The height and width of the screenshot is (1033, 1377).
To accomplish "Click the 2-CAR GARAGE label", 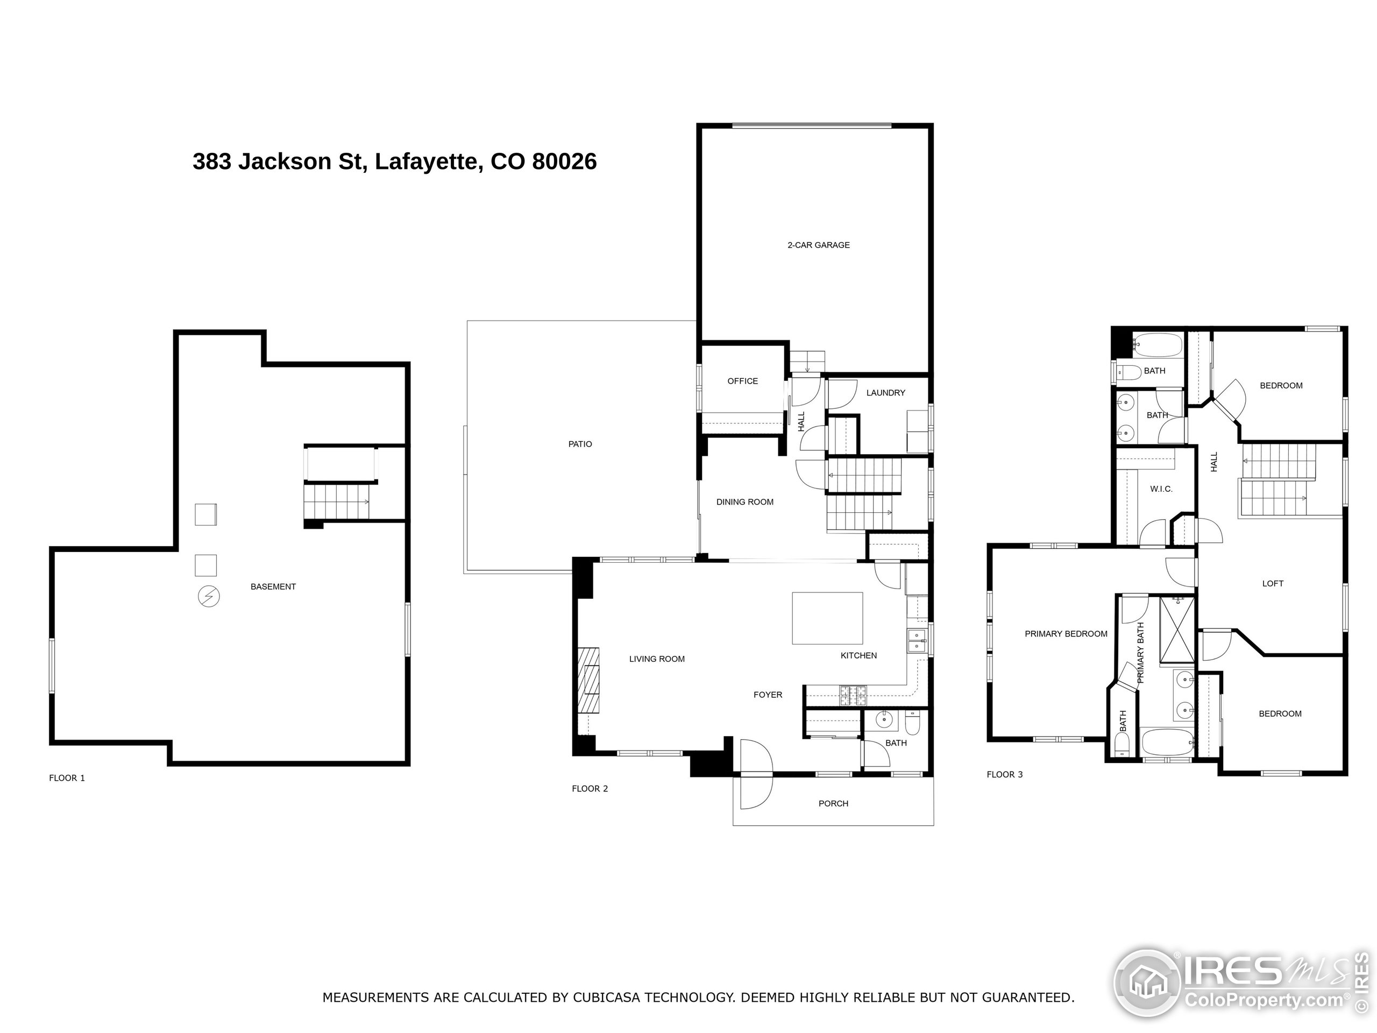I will click(x=818, y=245).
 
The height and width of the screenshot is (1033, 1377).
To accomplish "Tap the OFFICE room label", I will click(x=742, y=381).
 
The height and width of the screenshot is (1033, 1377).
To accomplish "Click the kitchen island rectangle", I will click(x=827, y=618).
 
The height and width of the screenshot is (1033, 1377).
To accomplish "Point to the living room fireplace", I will click(x=588, y=680).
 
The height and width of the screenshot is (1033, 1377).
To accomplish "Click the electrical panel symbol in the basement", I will click(x=209, y=597).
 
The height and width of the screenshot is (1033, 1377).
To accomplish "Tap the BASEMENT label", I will click(x=273, y=586).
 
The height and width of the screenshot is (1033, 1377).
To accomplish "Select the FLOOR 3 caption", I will click(x=1004, y=775).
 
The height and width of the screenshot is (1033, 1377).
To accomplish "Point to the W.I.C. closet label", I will click(x=1160, y=489).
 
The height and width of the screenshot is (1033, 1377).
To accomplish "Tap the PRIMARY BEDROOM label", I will click(x=1066, y=634).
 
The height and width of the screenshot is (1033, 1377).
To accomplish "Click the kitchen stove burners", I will click(x=853, y=695).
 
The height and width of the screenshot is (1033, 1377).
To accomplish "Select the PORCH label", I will click(x=833, y=803).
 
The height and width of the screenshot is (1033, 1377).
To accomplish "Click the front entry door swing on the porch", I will click(x=755, y=791).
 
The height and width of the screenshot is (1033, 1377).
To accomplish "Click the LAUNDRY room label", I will click(x=885, y=393).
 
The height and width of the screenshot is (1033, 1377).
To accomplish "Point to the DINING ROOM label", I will click(x=744, y=502).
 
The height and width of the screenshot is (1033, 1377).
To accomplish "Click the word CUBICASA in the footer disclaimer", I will click(x=608, y=997).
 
